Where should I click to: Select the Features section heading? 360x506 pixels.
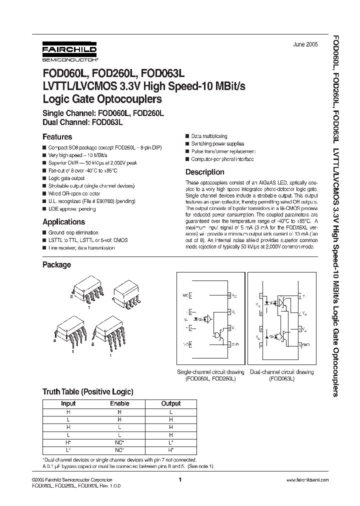pyautogui.click(x=57, y=136)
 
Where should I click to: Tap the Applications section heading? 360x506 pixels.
pyautogui.click(x=63, y=221)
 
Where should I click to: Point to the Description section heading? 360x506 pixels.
pyautogui.click(x=205, y=172)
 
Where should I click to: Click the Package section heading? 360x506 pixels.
pyautogui.click(x=56, y=264)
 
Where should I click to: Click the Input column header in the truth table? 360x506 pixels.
pyautogui.click(x=68, y=403)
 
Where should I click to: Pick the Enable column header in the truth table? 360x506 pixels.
pyautogui.click(x=119, y=403)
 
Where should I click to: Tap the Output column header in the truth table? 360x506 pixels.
pyautogui.click(x=171, y=403)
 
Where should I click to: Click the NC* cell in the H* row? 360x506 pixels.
pyautogui.click(x=119, y=443)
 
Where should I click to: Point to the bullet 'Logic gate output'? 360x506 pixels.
pyautogui.click(x=66, y=178)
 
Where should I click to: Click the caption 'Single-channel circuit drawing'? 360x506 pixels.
pyautogui.click(x=211, y=372)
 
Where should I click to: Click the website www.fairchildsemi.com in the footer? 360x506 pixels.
pyautogui.click(x=307, y=479)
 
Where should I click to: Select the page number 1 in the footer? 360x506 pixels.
pyautogui.click(x=179, y=479)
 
